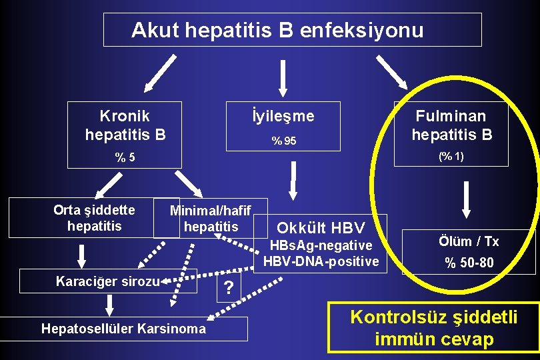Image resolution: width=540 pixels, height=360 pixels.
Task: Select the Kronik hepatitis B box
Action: point(125,125)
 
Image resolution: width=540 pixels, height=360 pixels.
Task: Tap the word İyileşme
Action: point(284,116)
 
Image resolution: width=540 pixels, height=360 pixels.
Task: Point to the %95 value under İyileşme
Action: point(283,141)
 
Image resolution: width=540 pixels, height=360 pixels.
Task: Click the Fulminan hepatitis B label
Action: point(451,125)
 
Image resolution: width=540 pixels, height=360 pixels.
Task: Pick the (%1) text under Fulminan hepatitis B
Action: point(451,157)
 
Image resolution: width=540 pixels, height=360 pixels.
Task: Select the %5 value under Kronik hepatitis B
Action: point(125,158)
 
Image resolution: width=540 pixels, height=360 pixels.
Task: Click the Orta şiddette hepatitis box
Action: point(94,218)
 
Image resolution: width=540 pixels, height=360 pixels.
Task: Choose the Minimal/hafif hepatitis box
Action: point(211,219)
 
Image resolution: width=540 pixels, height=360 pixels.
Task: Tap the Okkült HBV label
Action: point(320,227)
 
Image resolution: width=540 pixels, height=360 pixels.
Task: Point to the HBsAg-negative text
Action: point(320,246)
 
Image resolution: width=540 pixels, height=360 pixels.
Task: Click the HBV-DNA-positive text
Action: point(321,261)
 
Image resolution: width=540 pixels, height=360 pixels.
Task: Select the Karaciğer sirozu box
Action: point(109,281)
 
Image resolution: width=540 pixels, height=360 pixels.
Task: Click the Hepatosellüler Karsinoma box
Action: point(123,329)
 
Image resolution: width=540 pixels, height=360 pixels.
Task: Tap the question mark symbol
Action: point(229,288)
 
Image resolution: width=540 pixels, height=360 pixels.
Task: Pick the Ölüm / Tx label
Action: point(469,241)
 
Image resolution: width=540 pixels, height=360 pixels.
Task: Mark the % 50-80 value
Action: point(469,263)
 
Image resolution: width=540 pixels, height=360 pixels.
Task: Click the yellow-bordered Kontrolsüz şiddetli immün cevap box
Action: point(434,327)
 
